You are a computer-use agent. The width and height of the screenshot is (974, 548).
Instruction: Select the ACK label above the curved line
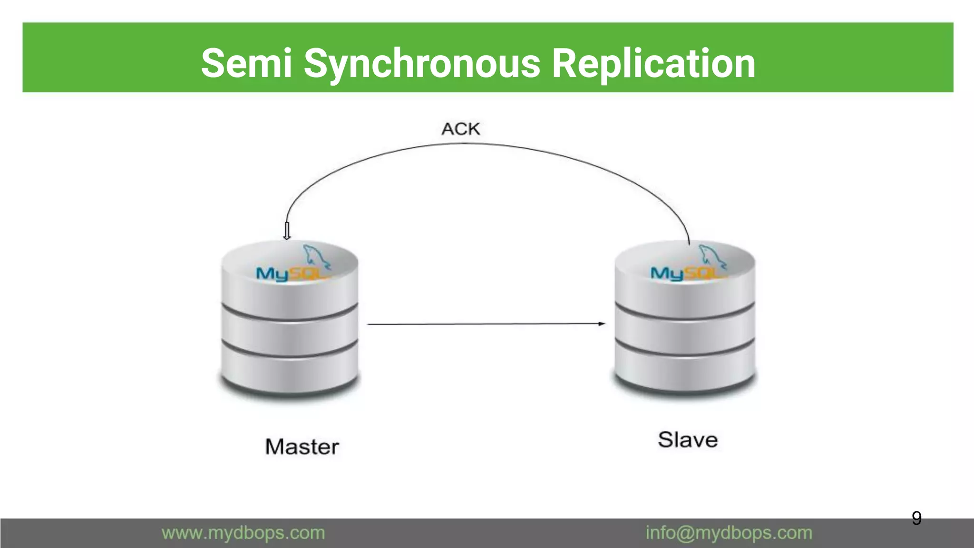(x=460, y=129)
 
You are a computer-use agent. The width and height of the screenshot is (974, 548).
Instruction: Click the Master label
(x=302, y=447)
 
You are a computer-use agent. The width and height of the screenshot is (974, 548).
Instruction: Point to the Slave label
(x=688, y=440)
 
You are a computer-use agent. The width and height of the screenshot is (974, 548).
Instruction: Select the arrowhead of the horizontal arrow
(x=602, y=324)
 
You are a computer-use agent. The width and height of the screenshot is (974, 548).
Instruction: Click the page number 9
(x=916, y=518)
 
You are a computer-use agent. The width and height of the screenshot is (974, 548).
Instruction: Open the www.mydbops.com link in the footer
(x=243, y=533)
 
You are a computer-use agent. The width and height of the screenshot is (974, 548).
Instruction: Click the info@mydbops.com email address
(x=729, y=533)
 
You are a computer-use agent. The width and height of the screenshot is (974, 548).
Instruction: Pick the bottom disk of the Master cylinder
(x=290, y=371)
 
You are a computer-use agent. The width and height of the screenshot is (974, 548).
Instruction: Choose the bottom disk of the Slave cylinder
(x=684, y=369)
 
